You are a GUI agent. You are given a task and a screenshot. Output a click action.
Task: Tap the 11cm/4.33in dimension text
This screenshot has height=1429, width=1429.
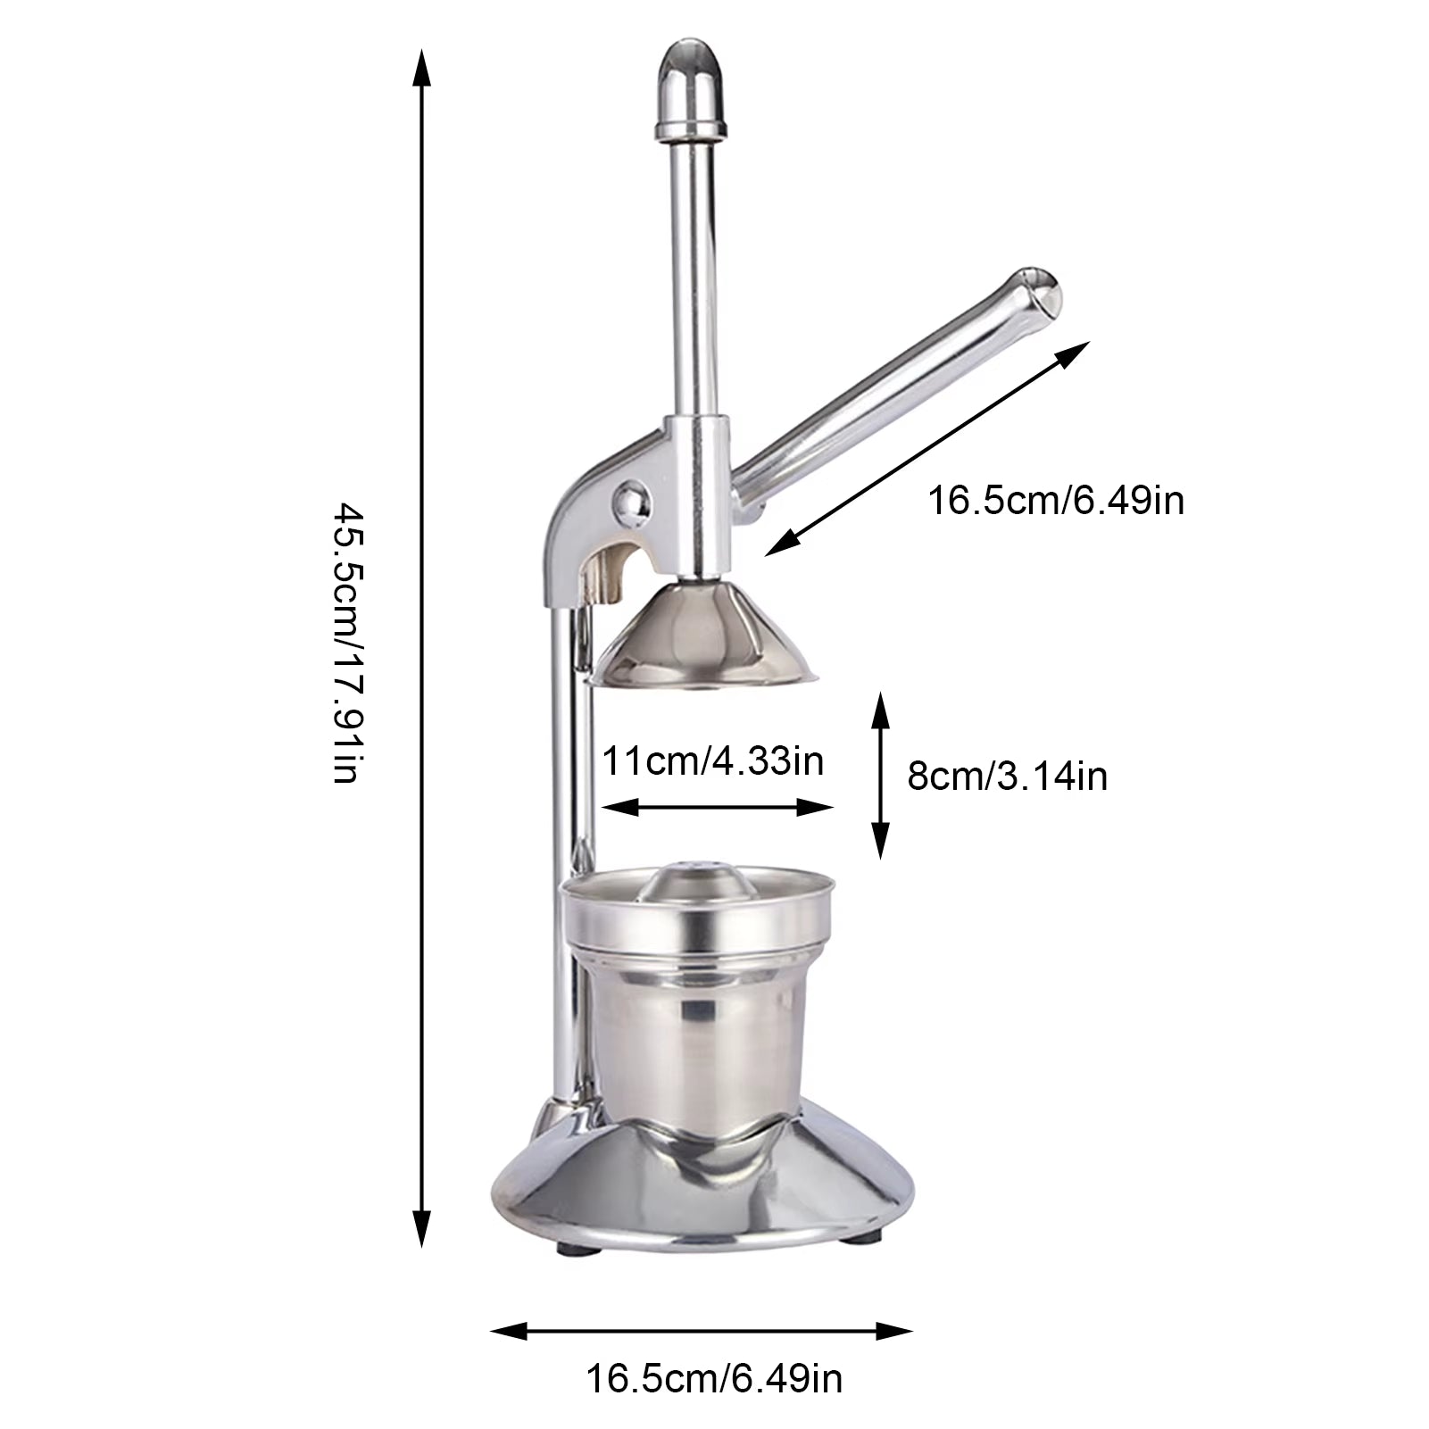[x=712, y=761]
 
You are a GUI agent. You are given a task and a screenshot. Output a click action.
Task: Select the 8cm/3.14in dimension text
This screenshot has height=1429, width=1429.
[x=1007, y=776]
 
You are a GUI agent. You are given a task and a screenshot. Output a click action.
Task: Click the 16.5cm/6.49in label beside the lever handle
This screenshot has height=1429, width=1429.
[x=1056, y=500]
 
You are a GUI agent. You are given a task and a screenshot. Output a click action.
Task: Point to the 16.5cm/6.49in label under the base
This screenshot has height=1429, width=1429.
[x=713, y=1379]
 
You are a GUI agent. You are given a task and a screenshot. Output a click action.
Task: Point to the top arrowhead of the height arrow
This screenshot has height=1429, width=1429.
[x=420, y=68]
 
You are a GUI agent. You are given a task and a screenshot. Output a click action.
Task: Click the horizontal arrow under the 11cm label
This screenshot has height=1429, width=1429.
[x=718, y=808]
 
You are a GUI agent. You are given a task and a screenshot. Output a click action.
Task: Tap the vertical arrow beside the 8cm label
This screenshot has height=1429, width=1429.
[x=881, y=775]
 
